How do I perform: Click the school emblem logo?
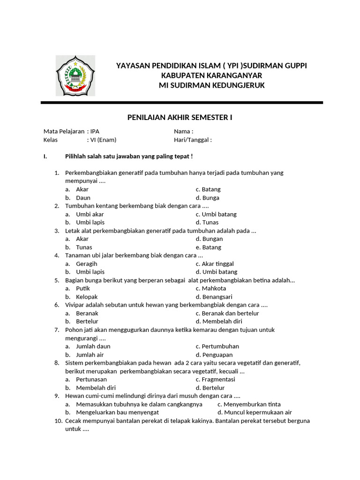tap(75, 75)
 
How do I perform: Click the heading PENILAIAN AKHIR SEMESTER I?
tap(180, 117)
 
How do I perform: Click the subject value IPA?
tap(95, 131)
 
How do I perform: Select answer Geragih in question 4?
tap(86, 264)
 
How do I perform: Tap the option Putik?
tap(82, 289)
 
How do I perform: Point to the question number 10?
tap(58, 421)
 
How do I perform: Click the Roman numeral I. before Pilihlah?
tap(45, 156)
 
